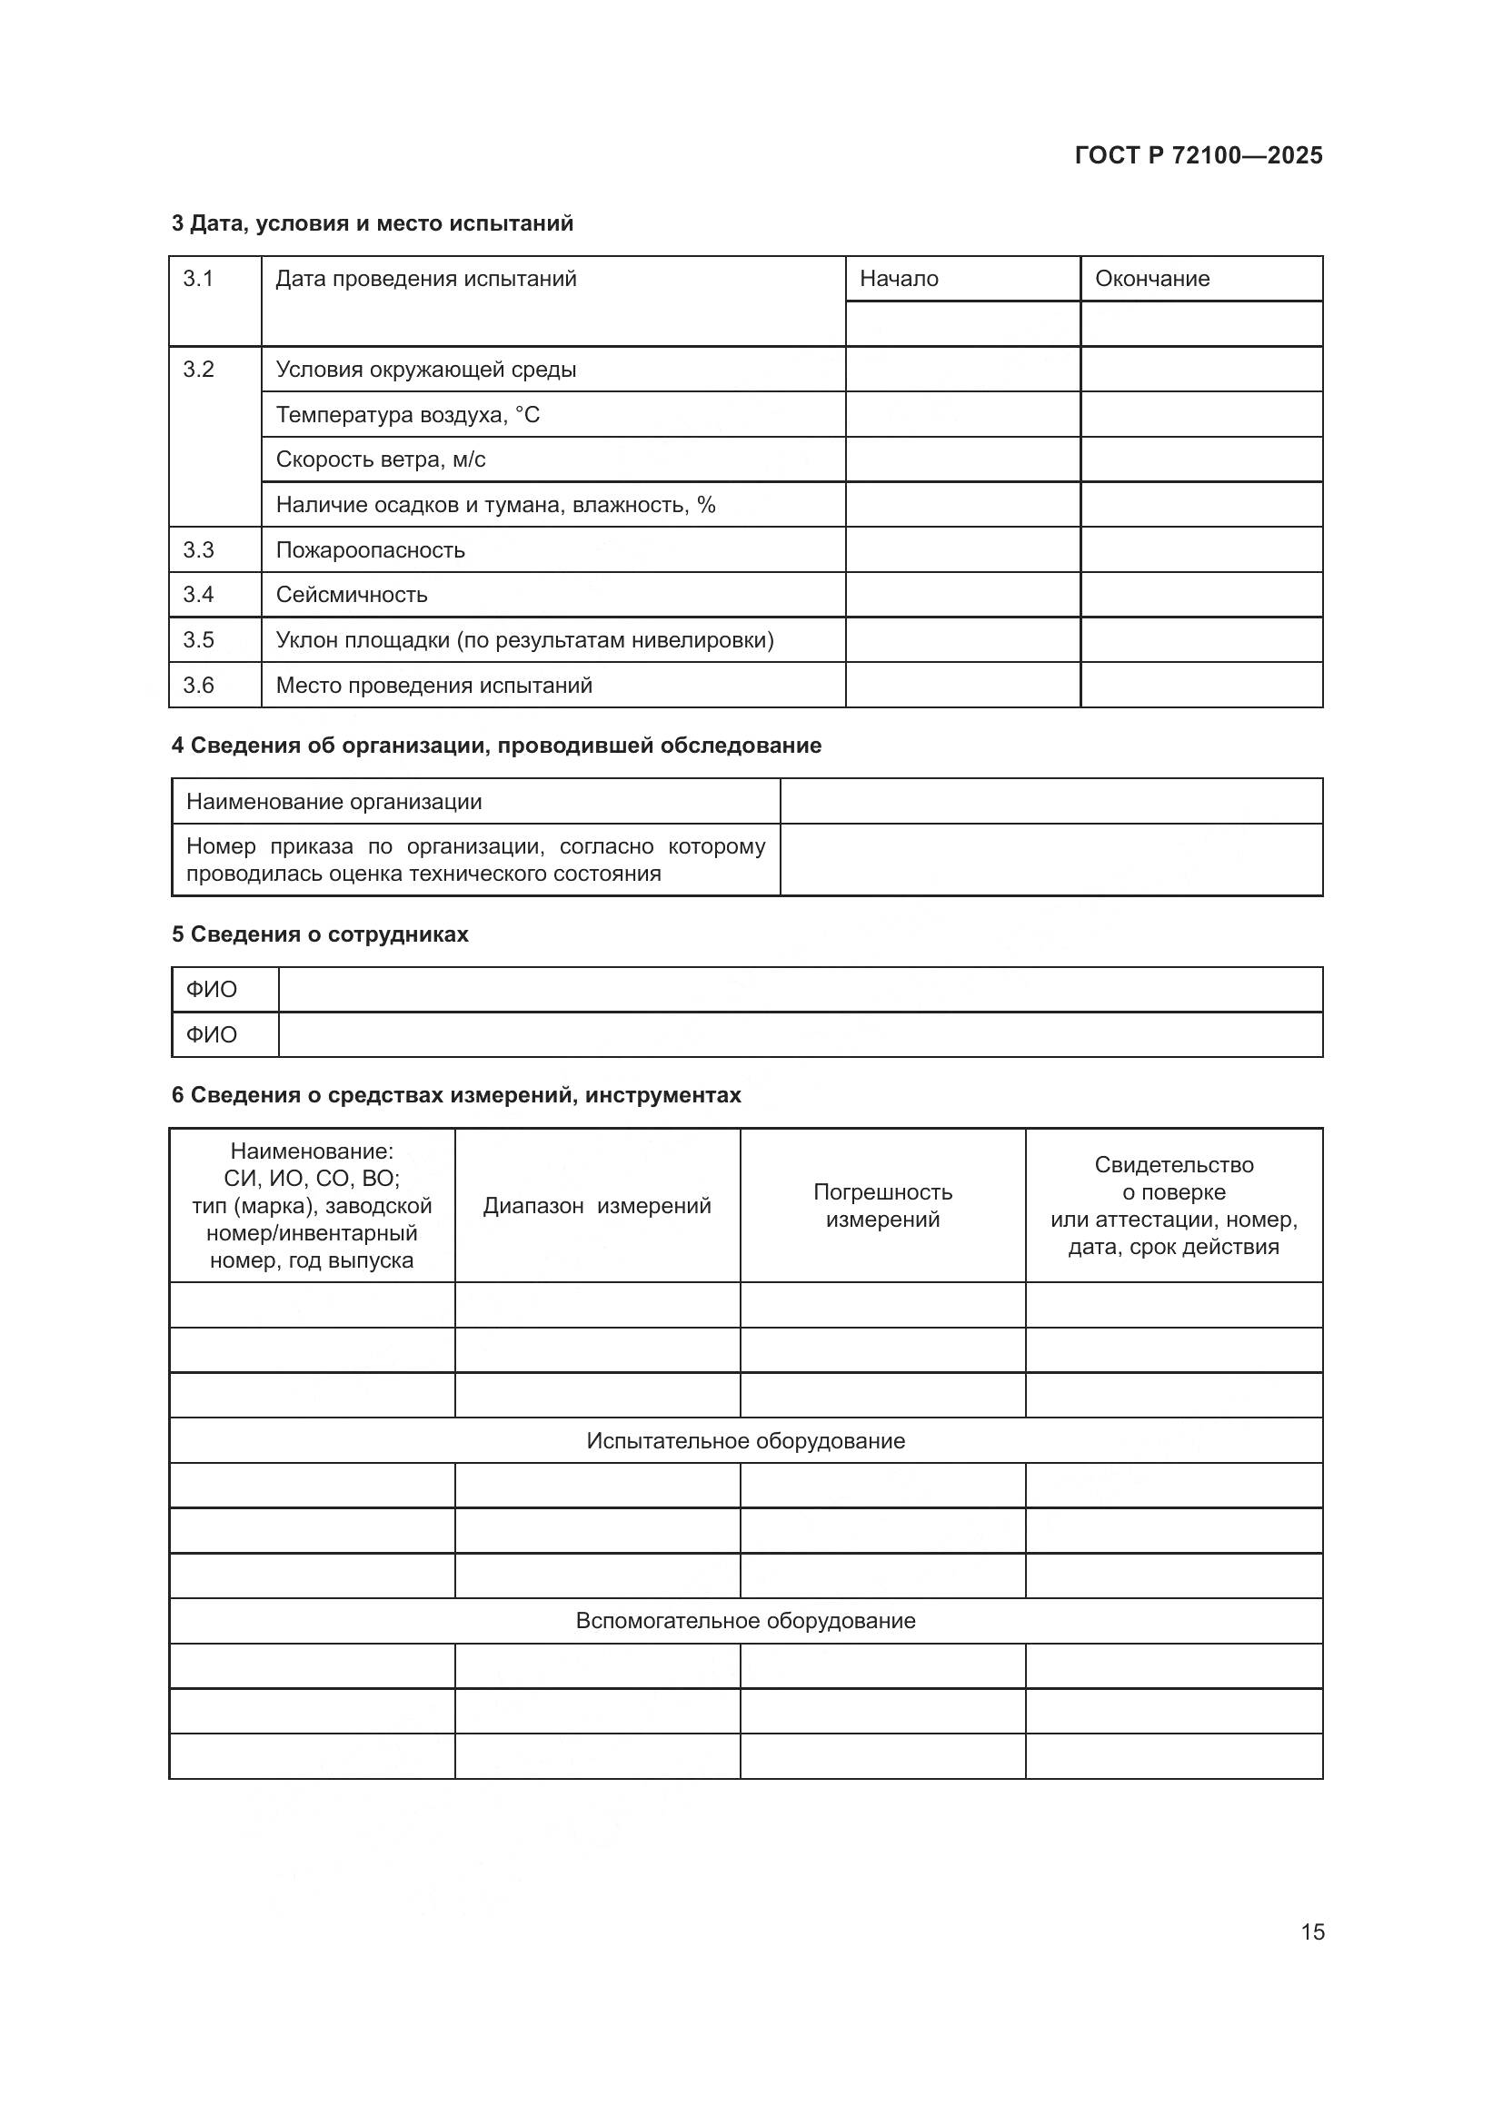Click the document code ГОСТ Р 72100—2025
[1199, 155]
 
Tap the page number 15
[1312, 1931]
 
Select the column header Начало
[899, 279]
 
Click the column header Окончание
[1152, 279]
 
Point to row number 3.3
[198, 550]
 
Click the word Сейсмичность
[352, 595]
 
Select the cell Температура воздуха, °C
[407, 414]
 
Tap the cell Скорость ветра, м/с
[381, 459]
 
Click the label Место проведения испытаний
[434, 686]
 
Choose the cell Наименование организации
[334, 802]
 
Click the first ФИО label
[211, 990]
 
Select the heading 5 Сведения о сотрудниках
[320, 934]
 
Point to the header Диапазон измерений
[597, 1205]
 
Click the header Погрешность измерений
[883, 1205]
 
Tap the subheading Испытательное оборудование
[746, 1440]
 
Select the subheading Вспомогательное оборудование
[746, 1621]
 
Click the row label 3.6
[198, 686]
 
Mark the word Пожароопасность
[370, 550]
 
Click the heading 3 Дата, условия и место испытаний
[373, 223]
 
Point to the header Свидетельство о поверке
[1173, 1179]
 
